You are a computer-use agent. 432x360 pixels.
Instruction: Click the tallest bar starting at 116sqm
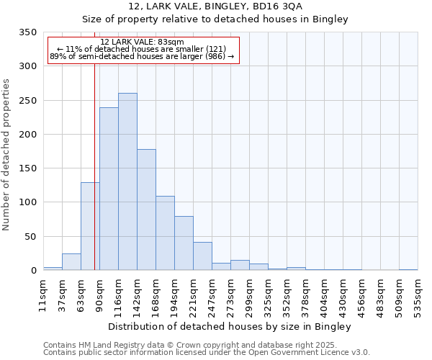127,181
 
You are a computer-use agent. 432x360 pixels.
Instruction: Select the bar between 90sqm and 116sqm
109,189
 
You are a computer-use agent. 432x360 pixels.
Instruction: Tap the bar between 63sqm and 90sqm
90,226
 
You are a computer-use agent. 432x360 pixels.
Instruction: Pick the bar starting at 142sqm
146,210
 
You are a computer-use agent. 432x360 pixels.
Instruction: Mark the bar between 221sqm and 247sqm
202,256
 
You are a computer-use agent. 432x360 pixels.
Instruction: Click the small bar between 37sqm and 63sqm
71,262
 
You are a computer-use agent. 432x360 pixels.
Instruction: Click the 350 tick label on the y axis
27,32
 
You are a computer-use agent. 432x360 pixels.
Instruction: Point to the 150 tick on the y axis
27,168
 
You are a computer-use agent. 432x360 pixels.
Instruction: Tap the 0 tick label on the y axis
32,271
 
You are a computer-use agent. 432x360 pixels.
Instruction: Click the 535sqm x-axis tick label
418,293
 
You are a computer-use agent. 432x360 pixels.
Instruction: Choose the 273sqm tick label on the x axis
230,293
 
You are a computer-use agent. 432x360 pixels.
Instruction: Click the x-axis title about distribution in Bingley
230,327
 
